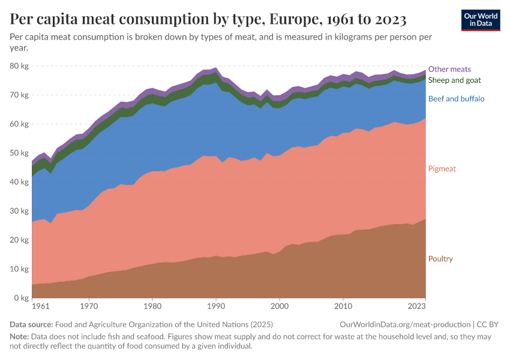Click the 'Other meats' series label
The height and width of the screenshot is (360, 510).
[x=449, y=69]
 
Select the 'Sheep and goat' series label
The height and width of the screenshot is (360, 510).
[x=454, y=80]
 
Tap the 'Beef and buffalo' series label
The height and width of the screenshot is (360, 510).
[x=456, y=98]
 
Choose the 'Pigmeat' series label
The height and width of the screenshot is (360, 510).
[x=442, y=169]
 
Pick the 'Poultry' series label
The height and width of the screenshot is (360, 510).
[x=440, y=259]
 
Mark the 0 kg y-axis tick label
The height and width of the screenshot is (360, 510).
[x=21, y=298]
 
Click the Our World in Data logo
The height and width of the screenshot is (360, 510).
[x=481, y=20]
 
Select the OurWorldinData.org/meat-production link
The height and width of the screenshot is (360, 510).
[x=405, y=324]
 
